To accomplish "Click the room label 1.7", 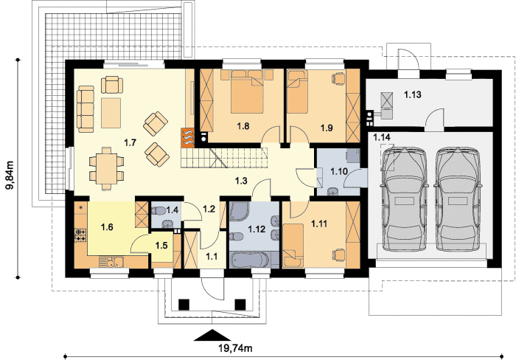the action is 130,142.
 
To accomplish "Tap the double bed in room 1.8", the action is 247,91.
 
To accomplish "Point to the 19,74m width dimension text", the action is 235,347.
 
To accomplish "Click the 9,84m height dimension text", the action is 10,176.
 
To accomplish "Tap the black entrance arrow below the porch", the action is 212,335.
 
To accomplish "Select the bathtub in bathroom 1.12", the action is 250,260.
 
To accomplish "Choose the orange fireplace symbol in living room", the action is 188,136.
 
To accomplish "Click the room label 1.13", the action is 413,95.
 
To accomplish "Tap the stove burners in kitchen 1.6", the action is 81,235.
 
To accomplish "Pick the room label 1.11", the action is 319,224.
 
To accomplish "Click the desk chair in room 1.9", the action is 338,78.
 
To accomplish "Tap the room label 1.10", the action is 339,171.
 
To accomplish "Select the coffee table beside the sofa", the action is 111,113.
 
